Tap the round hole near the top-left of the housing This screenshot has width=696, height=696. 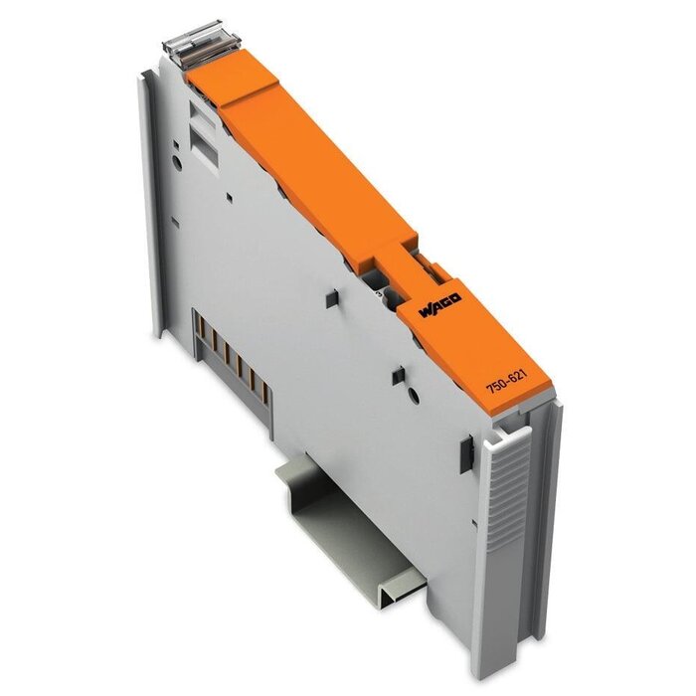(x=176, y=156)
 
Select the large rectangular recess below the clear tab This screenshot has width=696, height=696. (x=205, y=148)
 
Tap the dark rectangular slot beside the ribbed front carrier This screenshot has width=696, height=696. (x=464, y=454)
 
